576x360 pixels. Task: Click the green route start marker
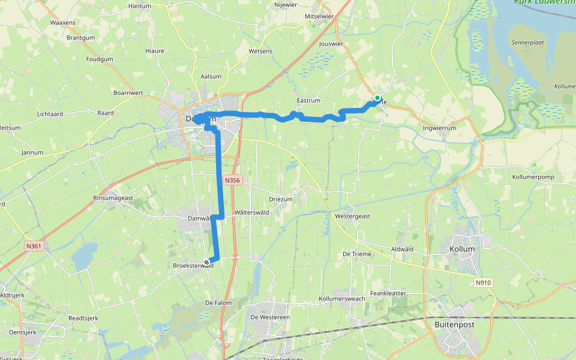(377, 98)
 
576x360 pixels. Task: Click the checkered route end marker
(207, 262)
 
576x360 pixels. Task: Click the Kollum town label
(462, 249)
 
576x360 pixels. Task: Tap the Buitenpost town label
(454, 325)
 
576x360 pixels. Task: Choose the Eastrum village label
(308, 101)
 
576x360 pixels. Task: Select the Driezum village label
(281, 199)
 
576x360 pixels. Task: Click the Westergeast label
(353, 215)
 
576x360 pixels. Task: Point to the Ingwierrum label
(439, 128)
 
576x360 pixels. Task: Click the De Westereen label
(270, 317)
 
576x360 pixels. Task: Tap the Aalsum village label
(211, 76)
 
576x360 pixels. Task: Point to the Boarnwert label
(128, 93)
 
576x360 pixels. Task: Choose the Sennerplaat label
(526, 43)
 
